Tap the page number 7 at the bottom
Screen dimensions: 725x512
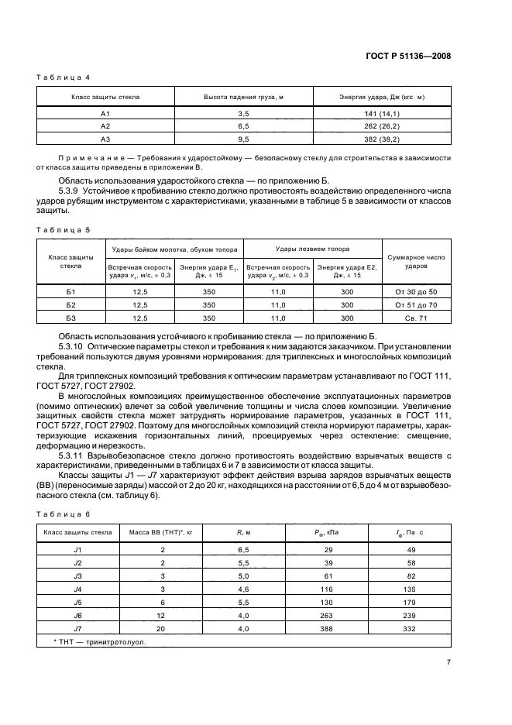448,662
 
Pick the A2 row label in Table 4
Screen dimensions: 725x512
106,125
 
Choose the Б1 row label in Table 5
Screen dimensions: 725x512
70,291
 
